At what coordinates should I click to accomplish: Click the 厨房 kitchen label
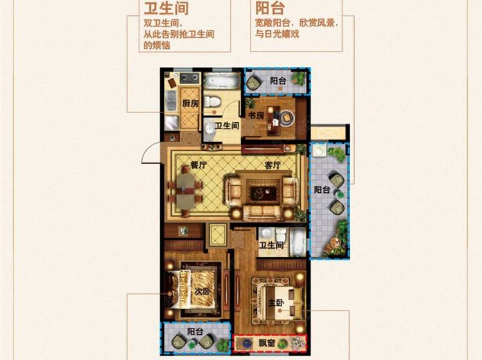(190, 104)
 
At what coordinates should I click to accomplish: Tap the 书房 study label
(256, 115)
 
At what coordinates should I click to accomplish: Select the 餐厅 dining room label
(199, 165)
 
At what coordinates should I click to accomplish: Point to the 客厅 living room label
(272, 165)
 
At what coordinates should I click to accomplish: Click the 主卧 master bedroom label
(276, 303)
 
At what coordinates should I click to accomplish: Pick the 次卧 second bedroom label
(202, 291)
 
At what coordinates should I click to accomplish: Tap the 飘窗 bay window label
(266, 343)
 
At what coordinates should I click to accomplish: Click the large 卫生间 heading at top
(166, 8)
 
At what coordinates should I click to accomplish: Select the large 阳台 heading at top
(270, 8)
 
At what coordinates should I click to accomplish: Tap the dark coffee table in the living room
(262, 193)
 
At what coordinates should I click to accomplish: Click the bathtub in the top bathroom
(222, 81)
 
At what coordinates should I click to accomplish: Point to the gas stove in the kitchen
(189, 78)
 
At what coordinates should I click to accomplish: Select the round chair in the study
(287, 118)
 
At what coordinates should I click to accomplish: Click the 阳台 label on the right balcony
(322, 190)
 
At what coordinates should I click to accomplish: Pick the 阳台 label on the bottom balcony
(195, 332)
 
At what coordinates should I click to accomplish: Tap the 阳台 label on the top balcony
(278, 80)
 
